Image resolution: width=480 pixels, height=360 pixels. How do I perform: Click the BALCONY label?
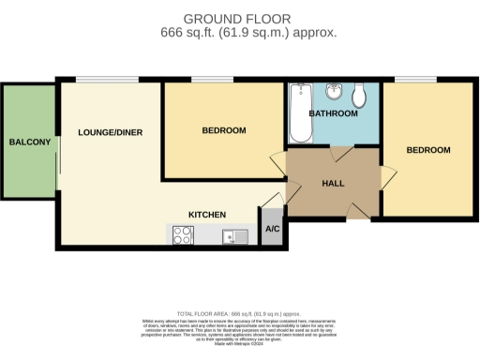(x=29, y=142)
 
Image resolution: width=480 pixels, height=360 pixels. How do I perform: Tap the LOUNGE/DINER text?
(x=111, y=132)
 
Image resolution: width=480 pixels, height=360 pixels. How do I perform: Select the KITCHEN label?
(x=207, y=215)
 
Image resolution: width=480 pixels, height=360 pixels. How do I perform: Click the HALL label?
(x=333, y=184)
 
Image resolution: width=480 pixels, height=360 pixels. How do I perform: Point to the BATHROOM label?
(x=333, y=113)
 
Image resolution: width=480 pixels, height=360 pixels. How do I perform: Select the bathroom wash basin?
(x=334, y=92)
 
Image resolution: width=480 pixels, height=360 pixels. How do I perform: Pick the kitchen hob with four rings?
(x=183, y=235)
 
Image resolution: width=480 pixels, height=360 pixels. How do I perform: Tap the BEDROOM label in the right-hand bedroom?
(x=427, y=150)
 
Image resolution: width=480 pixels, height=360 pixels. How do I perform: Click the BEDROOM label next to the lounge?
(x=224, y=130)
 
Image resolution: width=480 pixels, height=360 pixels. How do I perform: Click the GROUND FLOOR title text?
(x=237, y=19)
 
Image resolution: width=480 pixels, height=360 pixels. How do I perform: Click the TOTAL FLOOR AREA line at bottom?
(x=239, y=313)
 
